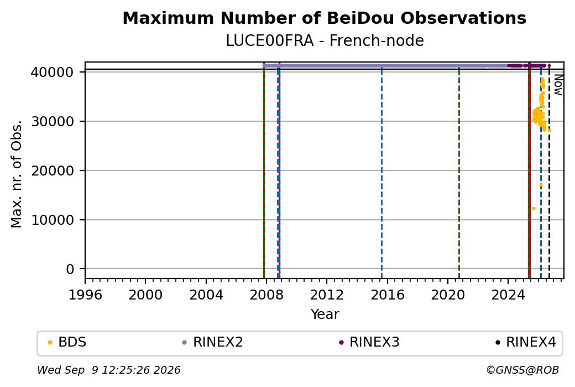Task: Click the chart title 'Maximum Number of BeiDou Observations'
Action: [x=324, y=18]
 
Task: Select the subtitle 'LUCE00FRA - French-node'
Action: [x=325, y=41]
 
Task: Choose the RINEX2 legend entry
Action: [x=213, y=342]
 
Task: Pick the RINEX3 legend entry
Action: [x=369, y=342]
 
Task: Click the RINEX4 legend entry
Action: [x=526, y=342]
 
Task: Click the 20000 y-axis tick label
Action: [x=53, y=171]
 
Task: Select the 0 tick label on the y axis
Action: [x=70, y=269]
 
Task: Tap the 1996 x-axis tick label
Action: [x=85, y=295]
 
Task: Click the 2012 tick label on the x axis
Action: [x=327, y=295]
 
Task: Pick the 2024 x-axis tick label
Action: [x=508, y=295]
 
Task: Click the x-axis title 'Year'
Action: [x=325, y=314]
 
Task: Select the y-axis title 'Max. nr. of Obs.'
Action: [x=17, y=174]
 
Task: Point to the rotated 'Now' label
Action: [x=558, y=85]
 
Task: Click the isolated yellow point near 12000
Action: [x=534, y=209]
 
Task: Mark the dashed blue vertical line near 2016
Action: [x=381, y=173]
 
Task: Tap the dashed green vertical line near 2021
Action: [x=459, y=173]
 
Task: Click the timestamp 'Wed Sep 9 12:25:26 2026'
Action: [x=109, y=370]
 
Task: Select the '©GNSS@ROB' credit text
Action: [x=522, y=370]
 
